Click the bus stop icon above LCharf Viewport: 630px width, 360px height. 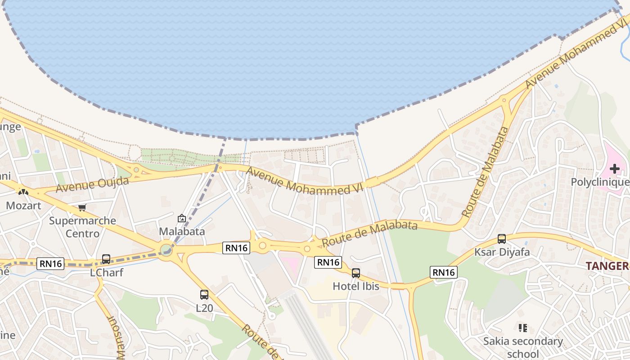(106, 259)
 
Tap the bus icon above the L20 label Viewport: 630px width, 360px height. (204, 295)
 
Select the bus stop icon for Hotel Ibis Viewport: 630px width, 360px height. (356, 273)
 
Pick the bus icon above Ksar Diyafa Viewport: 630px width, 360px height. (502, 239)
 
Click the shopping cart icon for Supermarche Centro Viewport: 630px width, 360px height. (82, 207)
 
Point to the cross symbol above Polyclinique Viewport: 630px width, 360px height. (615, 169)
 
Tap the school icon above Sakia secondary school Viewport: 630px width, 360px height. (522, 328)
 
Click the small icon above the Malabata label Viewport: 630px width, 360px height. (182, 218)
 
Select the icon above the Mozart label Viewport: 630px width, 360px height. (23, 192)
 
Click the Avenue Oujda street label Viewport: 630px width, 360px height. (92, 184)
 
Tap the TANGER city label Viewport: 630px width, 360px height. (607, 266)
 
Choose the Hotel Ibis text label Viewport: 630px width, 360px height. (356, 286)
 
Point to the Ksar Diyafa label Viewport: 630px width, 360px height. (502, 252)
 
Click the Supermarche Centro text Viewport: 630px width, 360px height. (82, 227)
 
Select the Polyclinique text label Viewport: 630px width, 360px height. (600, 182)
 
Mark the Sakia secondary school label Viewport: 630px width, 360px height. (523, 347)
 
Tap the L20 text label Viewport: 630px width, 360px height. (204, 308)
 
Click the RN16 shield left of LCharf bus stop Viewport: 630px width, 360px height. (50, 264)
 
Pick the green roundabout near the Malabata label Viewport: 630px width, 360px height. (166, 249)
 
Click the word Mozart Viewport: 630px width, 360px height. (23, 206)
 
